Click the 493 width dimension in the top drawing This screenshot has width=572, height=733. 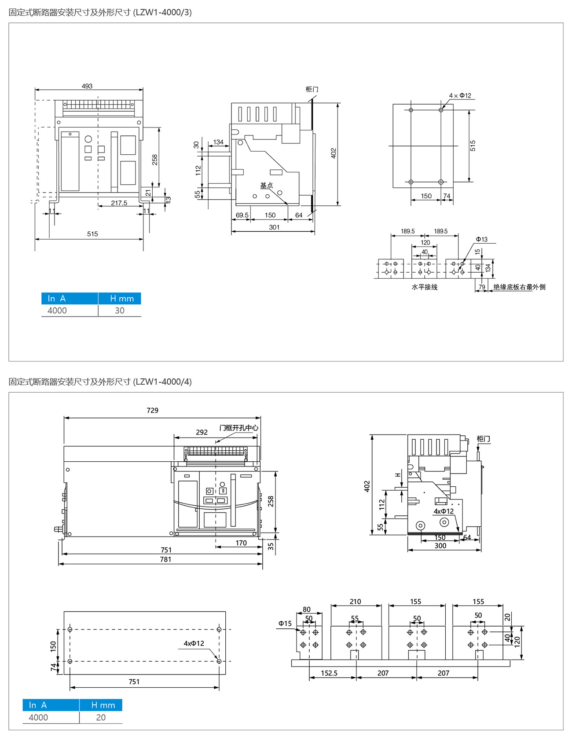(x=87, y=86)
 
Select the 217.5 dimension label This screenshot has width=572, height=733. (x=119, y=203)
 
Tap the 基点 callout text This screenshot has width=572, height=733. (x=266, y=186)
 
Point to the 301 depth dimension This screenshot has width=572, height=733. (x=274, y=227)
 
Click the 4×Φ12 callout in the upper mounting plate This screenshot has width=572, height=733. (x=460, y=95)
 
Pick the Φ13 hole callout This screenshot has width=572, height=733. (x=481, y=239)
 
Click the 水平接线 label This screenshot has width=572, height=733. (x=425, y=287)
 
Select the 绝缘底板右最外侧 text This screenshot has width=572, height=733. (x=519, y=287)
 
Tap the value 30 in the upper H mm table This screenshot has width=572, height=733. (x=120, y=310)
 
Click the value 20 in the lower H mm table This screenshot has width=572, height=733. (x=101, y=717)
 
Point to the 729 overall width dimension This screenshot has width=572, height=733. (x=152, y=410)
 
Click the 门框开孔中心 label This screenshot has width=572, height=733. (x=239, y=427)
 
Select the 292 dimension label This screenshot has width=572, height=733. (x=202, y=432)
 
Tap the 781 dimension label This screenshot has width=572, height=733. (x=165, y=559)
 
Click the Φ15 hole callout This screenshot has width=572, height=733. (x=285, y=624)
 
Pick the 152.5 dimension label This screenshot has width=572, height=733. (x=329, y=673)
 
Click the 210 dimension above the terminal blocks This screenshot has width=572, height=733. (x=355, y=602)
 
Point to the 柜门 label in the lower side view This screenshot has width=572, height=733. (x=483, y=439)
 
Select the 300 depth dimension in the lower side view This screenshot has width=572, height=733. (x=440, y=546)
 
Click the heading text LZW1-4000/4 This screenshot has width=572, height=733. (x=163, y=382)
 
